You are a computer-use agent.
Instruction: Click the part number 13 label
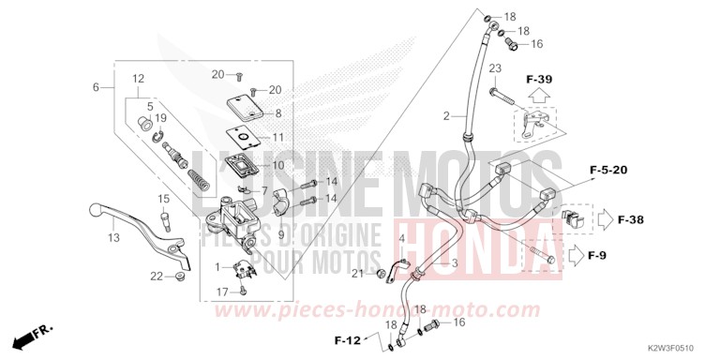click(x=113, y=238)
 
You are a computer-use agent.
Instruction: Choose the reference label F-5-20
click(x=660, y=170)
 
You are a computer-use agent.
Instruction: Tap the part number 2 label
click(x=447, y=117)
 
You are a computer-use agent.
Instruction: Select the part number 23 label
click(x=496, y=68)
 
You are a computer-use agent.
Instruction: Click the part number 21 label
click(x=357, y=273)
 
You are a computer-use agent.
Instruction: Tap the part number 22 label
click(x=157, y=275)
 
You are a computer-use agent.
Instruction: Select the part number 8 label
click(x=277, y=113)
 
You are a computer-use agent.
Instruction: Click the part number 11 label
click(x=277, y=136)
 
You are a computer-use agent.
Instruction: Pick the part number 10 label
click(x=277, y=165)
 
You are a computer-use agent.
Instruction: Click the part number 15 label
click(x=163, y=199)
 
